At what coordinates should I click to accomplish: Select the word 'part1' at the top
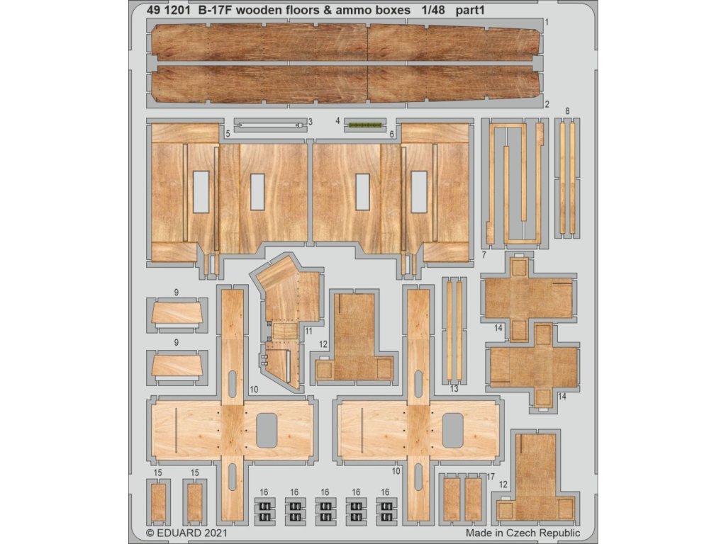(x=471, y=11)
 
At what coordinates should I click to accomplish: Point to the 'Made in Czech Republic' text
(x=523, y=533)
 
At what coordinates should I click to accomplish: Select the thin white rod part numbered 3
(x=269, y=125)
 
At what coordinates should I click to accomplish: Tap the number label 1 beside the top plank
(x=547, y=22)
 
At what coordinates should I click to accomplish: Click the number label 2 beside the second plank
(x=547, y=104)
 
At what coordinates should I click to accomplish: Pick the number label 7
(x=484, y=255)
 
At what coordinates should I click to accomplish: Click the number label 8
(x=567, y=111)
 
